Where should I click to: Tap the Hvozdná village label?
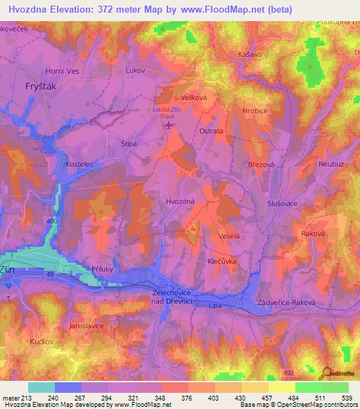tap(181, 202)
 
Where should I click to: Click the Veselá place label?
tap(229, 236)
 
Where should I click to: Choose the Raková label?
tap(312, 233)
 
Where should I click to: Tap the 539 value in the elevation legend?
tap(346, 397)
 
